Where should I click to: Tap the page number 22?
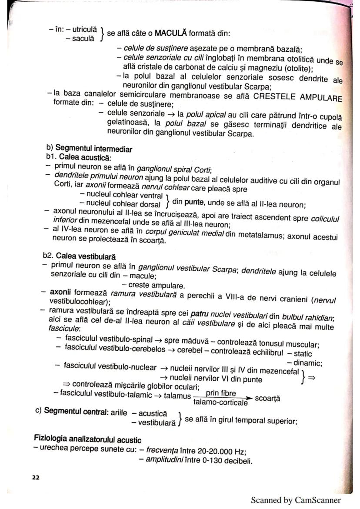coord(36,477)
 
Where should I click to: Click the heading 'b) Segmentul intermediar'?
coord(89,149)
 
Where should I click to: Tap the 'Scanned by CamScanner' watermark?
coord(296,500)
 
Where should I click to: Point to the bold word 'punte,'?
coord(200,202)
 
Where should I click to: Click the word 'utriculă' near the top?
coord(83,30)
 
